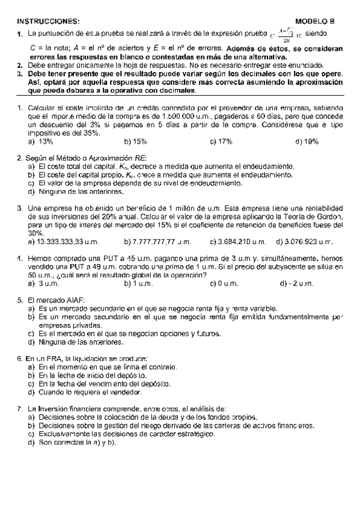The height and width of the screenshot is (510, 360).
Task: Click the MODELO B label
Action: pyautogui.click(x=319, y=20)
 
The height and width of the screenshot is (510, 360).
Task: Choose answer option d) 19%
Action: pyautogui.click(x=307, y=141)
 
